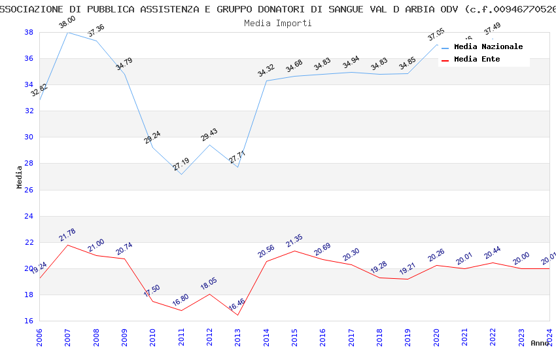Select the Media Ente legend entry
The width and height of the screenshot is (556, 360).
[477, 60]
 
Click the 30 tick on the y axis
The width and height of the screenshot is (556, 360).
[29, 137]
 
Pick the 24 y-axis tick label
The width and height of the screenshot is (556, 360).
[29, 216]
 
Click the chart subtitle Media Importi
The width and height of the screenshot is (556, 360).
[277, 23]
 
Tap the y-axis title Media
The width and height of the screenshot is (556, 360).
[20, 177]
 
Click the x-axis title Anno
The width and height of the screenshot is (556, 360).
[539, 343]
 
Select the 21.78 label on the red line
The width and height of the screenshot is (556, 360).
[67, 235]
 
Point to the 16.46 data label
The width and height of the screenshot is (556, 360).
[237, 305]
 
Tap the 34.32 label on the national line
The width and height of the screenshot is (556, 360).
[266, 71]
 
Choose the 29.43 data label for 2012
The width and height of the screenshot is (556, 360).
[209, 135]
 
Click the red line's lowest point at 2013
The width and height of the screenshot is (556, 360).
[237, 315]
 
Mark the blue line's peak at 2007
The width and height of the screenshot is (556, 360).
[67, 32]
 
